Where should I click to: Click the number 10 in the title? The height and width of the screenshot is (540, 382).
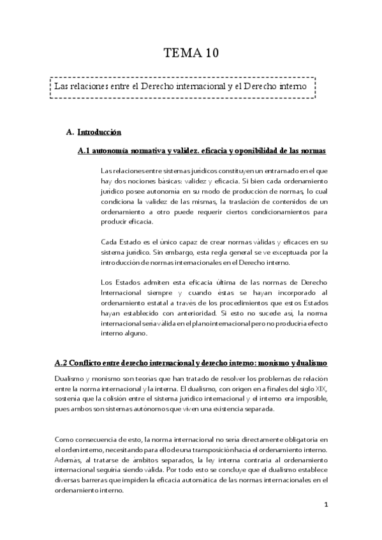(x=210, y=53)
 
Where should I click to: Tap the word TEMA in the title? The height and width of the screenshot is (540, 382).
(x=182, y=53)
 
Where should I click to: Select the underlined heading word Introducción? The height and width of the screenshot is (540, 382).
(x=99, y=132)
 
